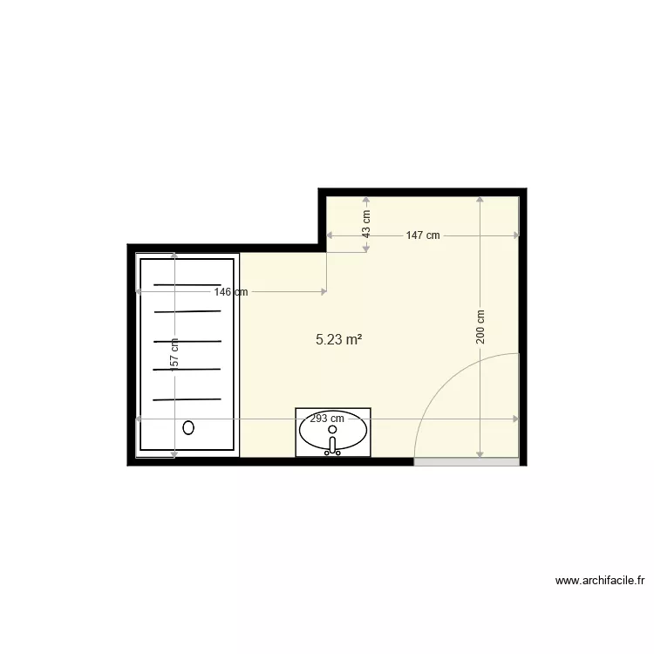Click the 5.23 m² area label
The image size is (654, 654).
tap(339, 340)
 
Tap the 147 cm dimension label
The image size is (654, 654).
tap(423, 235)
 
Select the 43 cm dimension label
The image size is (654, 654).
tap(366, 223)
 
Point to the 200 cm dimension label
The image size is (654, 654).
tap(480, 327)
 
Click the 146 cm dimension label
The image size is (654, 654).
tap(231, 292)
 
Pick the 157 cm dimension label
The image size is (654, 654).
tap(174, 355)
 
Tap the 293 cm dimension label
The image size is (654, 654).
tap(327, 419)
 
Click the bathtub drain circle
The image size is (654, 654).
tap(188, 427)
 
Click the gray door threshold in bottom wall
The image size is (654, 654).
tap(466, 461)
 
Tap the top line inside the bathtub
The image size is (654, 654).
tap(187, 284)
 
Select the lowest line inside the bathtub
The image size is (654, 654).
tap(187, 399)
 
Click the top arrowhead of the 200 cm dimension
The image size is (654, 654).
tap(480, 200)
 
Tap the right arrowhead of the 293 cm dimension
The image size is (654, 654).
tap(515, 419)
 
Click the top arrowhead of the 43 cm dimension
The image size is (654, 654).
tap(366, 200)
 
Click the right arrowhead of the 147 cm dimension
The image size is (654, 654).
tap(515, 235)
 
